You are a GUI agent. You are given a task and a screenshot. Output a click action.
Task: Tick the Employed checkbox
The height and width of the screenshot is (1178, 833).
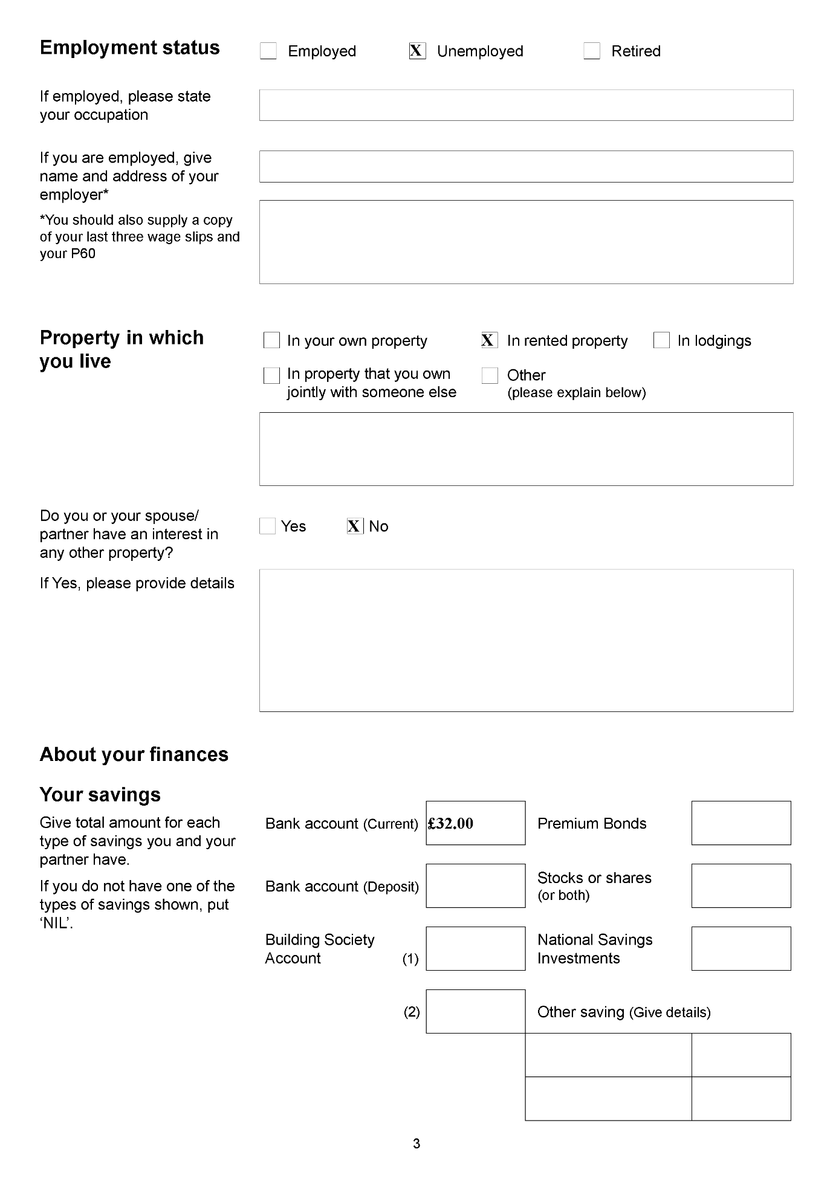[268, 51]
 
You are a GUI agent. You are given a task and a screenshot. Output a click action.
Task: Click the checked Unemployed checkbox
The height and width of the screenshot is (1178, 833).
[417, 51]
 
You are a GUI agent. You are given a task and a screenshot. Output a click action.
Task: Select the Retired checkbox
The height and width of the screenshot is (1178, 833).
[592, 51]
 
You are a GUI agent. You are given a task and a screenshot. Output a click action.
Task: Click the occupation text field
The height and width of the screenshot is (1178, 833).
[526, 105]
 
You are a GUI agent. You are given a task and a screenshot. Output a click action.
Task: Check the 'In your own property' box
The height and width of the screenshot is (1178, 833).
[272, 340]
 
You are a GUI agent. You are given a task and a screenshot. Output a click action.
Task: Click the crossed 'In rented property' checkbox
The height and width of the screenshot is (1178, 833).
[489, 340]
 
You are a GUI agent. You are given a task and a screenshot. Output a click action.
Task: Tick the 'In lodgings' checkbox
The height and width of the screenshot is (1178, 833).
[661, 340]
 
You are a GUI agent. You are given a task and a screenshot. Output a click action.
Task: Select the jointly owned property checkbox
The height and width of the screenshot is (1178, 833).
[272, 375]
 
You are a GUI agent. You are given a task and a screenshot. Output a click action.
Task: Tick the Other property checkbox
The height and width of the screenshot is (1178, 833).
[490, 375]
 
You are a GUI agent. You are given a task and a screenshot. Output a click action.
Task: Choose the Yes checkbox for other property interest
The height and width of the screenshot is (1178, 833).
[267, 526]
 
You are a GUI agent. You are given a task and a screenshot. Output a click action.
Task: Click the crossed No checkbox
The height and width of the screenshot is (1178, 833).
[355, 526]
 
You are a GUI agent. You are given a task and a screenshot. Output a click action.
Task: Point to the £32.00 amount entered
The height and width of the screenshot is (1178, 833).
[451, 823]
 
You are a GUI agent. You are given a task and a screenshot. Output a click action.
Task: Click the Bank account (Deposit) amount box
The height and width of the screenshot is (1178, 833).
[475, 885]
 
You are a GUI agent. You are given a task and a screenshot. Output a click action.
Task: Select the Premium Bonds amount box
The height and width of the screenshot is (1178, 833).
[741, 823]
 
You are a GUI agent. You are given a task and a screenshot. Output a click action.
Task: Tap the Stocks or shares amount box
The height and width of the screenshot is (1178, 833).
[741, 885]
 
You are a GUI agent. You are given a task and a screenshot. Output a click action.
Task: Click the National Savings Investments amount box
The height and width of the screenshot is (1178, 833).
[741, 948]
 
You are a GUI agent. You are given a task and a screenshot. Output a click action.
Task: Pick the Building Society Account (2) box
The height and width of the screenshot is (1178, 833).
[475, 1011]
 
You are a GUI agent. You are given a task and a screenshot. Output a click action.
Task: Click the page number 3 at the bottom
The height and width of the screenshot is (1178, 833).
[416, 1144]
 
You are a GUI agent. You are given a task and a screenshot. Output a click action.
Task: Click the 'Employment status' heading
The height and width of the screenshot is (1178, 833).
[130, 48]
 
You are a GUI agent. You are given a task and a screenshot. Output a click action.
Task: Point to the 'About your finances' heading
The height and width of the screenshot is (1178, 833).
[134, 754]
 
